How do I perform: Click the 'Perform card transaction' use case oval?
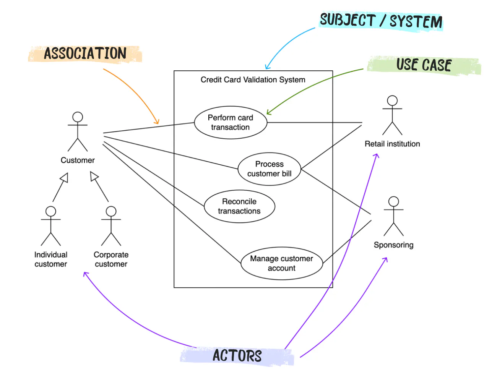[231, 123]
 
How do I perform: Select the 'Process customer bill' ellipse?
[269, 169]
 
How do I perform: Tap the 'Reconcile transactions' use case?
[239, 206]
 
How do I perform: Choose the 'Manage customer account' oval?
[281, 263]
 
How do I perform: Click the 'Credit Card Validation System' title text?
[253, 80]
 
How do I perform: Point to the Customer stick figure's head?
[78, 117]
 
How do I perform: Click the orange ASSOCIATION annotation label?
[85, 54]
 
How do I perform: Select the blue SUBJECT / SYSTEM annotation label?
[381, 21]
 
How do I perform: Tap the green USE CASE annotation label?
[424, 65]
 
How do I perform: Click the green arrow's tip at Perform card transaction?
[268, 113]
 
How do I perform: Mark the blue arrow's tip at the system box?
[267, 68]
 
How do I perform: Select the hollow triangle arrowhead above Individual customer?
[65, 178]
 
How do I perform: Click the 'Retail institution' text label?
[392, 144]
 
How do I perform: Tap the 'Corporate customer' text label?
[111, 259]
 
